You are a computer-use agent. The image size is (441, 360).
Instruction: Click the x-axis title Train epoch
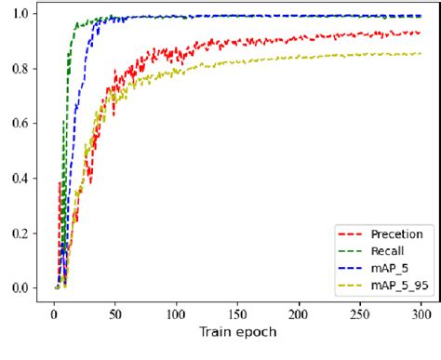tap(237, 330)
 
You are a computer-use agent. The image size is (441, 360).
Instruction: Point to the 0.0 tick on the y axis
tap(20, 288)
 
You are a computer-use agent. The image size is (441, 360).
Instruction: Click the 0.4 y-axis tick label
tap(20, 179)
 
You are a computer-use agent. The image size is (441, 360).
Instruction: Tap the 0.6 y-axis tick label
tap(20, 124)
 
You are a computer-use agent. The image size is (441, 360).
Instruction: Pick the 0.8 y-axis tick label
tap(20, 69)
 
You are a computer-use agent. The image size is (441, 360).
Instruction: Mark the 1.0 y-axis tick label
tap(20, 14)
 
